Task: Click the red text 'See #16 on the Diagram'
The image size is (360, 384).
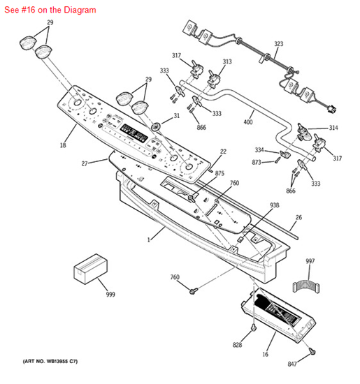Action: coord(50,10)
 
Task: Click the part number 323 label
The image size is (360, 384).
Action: coord(279,44)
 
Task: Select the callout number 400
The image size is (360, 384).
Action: coord(248,121)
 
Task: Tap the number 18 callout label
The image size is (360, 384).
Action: coord(63,145)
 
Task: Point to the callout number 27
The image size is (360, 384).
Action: coord(85,163)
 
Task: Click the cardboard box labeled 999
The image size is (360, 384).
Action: coord(90,269)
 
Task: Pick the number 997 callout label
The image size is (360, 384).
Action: coord(310,261)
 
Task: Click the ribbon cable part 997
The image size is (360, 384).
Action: coord(306,286)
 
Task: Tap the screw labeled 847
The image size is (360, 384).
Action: coord(312,352)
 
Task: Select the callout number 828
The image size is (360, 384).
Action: coord(237,345)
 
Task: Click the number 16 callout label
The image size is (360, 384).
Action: coord(266,354)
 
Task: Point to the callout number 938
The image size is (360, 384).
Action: coord(275,205)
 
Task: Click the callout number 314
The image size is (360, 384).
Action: coord(333,128)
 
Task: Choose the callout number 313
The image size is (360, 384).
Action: coord(227,61)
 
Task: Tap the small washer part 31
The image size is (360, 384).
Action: coord(155,126)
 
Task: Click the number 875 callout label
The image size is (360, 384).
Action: coord(219,173)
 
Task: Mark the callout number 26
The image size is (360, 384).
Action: coord(298,217)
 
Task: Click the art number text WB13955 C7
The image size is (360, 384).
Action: coord(50,361)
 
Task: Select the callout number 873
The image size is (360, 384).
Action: coord(257,162)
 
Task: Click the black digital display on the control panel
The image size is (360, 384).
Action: coord(134,133)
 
